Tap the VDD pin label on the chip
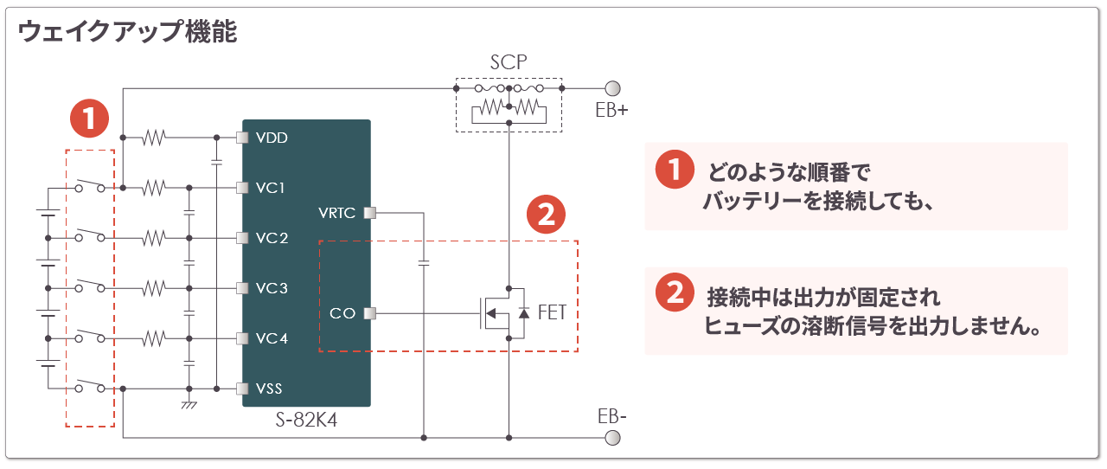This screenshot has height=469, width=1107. tap(272, 138)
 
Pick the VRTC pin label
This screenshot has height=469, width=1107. tap(337, 213)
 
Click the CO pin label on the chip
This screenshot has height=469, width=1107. tap(342, 313)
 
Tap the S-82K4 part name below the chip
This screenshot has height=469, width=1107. tap(306, 420)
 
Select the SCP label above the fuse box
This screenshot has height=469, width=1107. tap(509, 63)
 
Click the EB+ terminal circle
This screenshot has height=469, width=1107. tap(612, 88)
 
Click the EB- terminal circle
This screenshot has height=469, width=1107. tap(612, 438)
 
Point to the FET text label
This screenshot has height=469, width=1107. tap(552, 312)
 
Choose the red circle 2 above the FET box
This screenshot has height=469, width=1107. tap(546, 215)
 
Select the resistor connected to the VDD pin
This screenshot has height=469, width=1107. tap(155, 138)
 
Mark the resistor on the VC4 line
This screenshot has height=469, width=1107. tap(155, 338)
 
